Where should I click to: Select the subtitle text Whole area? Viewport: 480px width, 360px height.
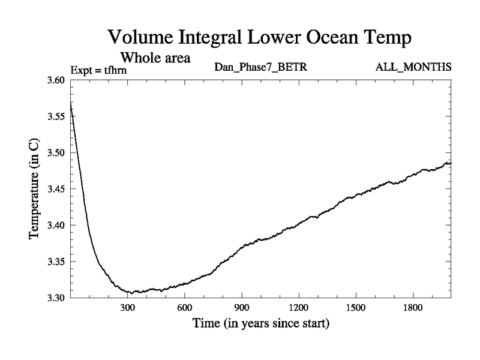[155, 58]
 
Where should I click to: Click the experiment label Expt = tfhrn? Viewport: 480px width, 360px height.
[98, 71]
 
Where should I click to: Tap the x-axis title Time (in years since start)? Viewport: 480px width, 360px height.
[261, 324]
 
